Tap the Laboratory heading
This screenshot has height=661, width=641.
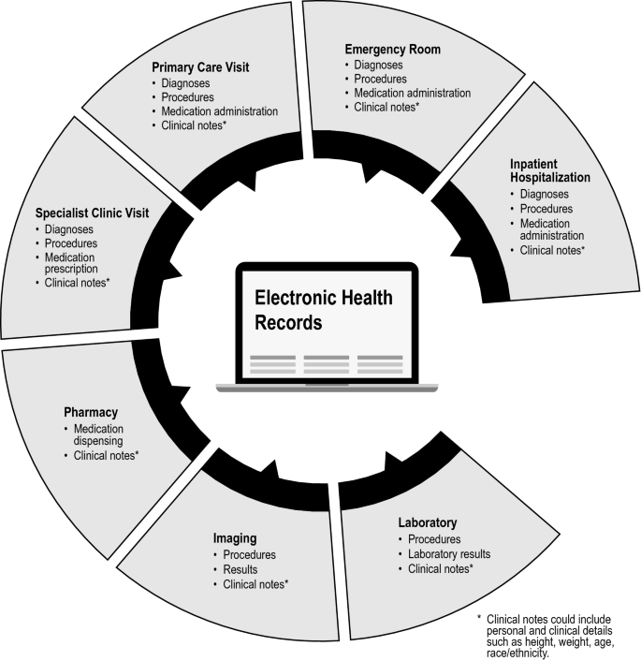click(428, 522)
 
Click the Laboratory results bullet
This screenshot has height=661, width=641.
click(449, 553)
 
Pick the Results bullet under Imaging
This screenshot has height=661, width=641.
click(240, 568)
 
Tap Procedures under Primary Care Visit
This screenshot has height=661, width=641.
click(187, 96)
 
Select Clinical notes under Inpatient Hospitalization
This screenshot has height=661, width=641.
click(547, 250)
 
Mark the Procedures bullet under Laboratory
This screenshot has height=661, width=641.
click(434, 539)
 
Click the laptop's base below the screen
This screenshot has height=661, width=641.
click(312, 385)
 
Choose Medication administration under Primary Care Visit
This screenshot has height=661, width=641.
click(219, 111)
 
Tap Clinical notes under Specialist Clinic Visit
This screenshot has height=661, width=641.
click(78, 282)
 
